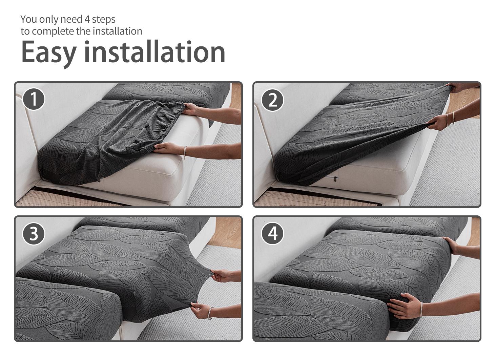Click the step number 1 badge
[34, 99]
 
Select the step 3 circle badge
[34, 233]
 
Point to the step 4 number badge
[273, 233]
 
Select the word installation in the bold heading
[154, 51]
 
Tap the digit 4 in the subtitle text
[87, 19]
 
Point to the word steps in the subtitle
[103, 20]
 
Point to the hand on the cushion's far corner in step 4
[452, 244]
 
